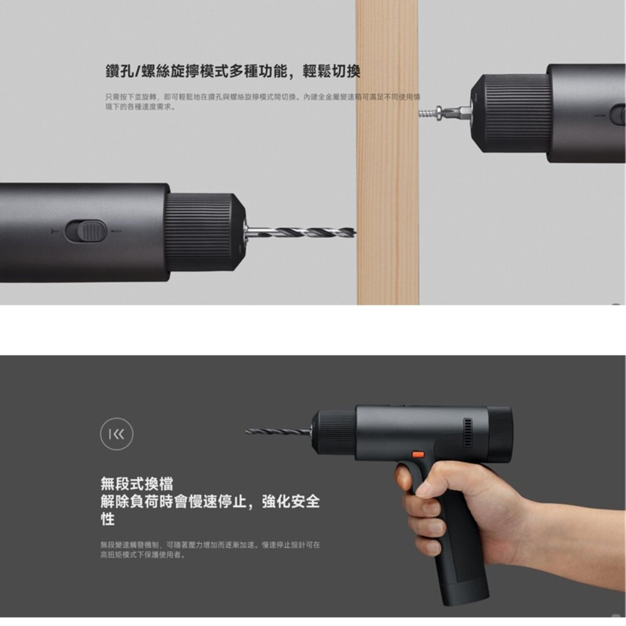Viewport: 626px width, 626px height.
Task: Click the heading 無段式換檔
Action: (x=137, y=483)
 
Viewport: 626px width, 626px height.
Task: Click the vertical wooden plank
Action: (x=387, y=188)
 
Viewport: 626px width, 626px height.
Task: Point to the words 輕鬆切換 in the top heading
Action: (x=331, y=71)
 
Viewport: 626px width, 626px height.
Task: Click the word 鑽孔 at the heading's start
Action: (x=118, y=71)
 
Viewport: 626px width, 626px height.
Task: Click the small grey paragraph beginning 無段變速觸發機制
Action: (x=210, y=550)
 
